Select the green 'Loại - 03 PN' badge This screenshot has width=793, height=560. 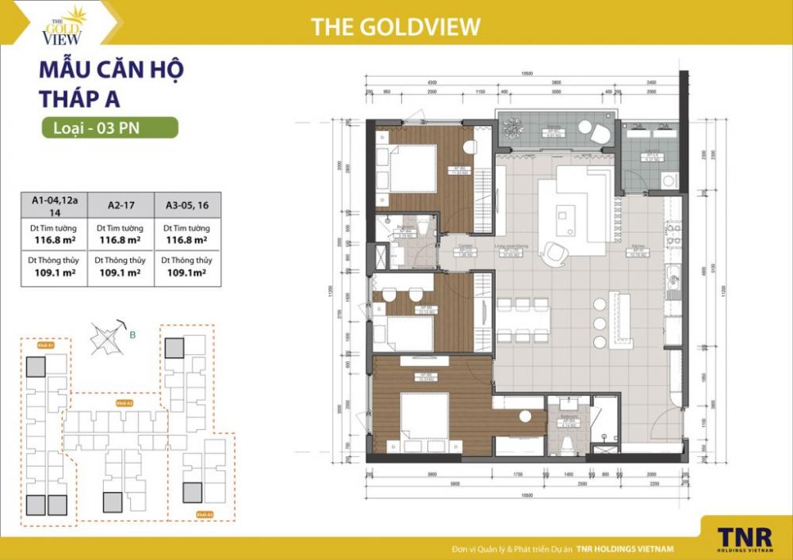[109, 128]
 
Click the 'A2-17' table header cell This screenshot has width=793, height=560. [119, 204]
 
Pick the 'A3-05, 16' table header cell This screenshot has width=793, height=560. [186, 204]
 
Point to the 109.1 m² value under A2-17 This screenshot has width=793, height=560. [119, 272]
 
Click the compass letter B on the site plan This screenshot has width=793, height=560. [133, 335]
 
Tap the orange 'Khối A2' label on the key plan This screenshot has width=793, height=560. [124, 403]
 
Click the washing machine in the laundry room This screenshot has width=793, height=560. [669, 181]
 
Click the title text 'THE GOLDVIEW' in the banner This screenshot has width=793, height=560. [396, 26]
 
